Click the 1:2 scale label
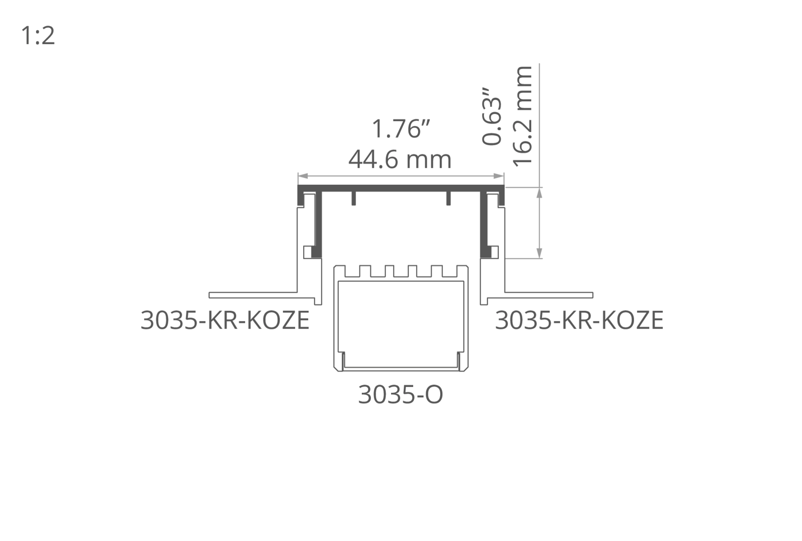(38, 36)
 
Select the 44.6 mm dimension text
(400, 160)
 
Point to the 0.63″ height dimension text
(492, 116)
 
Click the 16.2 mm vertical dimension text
(523, 116)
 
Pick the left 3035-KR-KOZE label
(225, 320)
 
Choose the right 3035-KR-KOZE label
(579, 320)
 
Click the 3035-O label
(401, 394)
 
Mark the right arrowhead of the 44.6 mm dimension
(499, 176)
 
